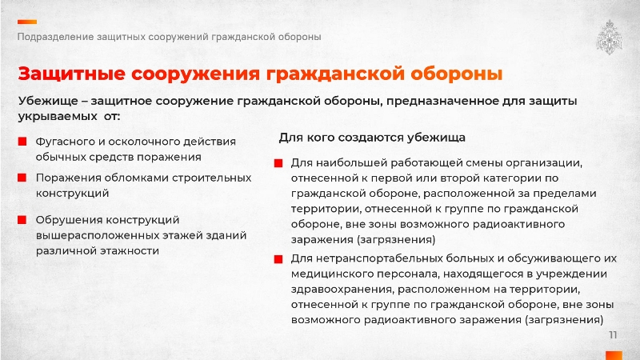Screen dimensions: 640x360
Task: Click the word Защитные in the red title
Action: click(71, 74)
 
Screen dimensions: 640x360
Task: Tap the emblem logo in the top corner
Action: click(609, 37)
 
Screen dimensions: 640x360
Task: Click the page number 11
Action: click(613, 335)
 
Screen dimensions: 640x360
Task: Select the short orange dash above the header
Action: click(27, 22)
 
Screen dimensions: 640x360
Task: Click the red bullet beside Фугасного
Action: click(22, 142)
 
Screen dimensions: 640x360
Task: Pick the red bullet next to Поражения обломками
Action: click(22, 178)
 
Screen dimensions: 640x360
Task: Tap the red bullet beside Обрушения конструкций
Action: click(22, 220)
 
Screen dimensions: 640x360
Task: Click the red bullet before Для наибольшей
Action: click(278, 163)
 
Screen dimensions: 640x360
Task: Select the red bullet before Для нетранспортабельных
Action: click(278, 259)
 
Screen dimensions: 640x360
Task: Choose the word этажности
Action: click(130, 251)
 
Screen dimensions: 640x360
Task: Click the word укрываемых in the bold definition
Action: click(58, 117)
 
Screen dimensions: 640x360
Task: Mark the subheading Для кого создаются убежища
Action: click(372, 138)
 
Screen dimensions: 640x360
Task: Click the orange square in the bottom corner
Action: click(614, 355)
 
